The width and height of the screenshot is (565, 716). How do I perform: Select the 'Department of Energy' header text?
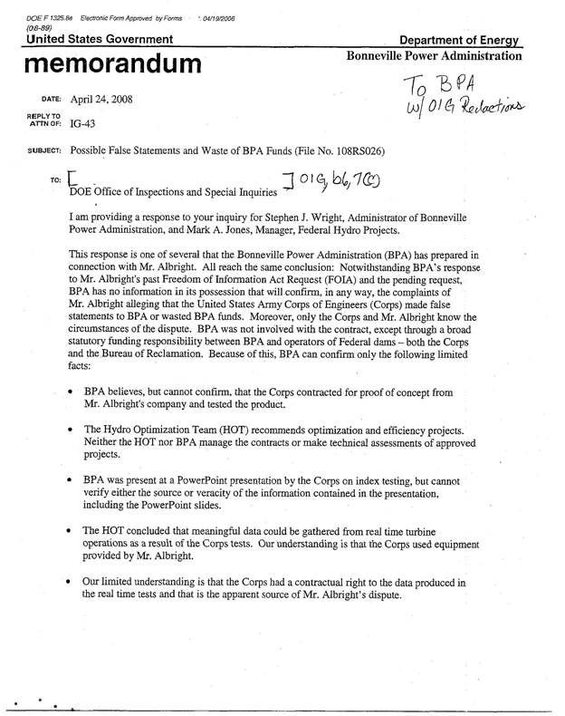(464, 41)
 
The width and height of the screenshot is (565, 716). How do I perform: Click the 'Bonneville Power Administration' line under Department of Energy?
(435, 55)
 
